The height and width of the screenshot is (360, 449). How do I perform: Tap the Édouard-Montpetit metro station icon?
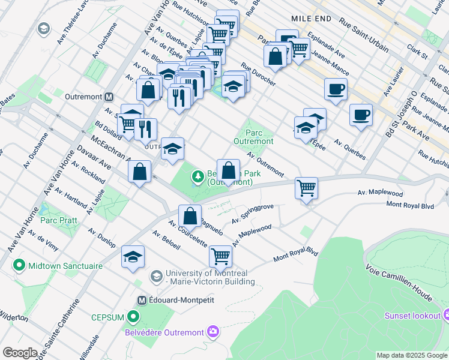pos(142,300)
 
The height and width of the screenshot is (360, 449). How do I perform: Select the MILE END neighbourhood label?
pos(311,19)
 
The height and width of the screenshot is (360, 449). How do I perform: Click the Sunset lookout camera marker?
pos(447,315)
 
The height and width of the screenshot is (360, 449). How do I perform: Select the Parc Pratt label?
pos(58,220)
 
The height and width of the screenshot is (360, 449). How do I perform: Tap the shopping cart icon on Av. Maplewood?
pos(307,188)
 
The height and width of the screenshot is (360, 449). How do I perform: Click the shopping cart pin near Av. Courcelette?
pos(220,256)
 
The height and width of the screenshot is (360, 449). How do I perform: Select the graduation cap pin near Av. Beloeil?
pos(133,257)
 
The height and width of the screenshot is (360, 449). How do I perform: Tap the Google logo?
pos(20,353)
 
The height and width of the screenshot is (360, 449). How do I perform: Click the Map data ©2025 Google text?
pos(411,355)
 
